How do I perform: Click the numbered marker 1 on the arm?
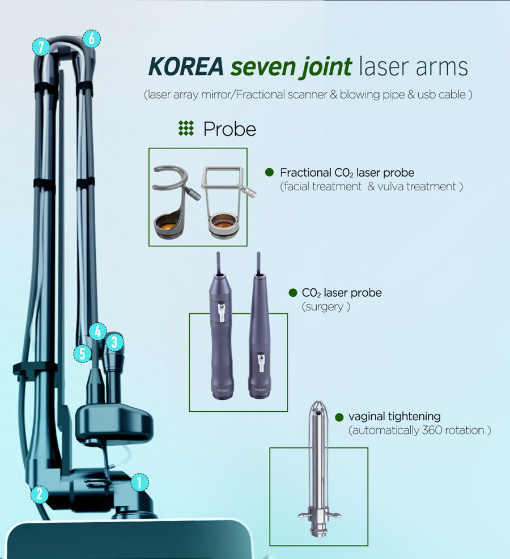pos(139,482)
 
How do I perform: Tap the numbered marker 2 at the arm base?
pos(39,493)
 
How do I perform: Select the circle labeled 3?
pos(114,342)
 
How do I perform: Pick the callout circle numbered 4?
pos(97,331)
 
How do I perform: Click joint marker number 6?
pos(91,39)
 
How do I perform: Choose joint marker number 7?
pos(40,46)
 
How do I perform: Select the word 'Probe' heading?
pos(229,129)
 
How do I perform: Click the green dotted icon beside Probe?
pos(186,129)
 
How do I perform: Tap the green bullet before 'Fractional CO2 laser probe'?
pos(270,172)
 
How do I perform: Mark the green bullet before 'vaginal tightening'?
pos(339,417)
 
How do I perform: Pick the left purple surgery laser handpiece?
pos(220,334)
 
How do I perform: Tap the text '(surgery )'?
pos(326,306)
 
